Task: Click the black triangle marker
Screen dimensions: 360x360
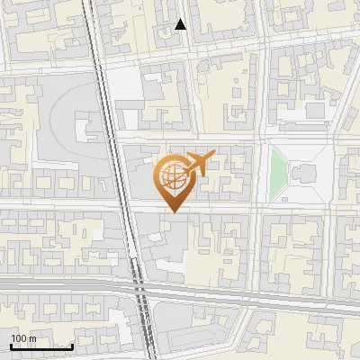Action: point(181,25)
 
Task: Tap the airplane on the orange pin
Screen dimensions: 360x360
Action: point(195,164)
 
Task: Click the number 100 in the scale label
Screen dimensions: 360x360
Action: point(18,338)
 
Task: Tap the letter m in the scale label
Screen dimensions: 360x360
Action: point(32,338)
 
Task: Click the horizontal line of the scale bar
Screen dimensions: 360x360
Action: point(41,346)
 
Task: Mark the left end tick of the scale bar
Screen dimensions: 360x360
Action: point(11,345)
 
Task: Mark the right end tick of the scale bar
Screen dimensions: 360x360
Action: point(72,345)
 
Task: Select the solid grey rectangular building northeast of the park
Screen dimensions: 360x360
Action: point(314,110)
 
